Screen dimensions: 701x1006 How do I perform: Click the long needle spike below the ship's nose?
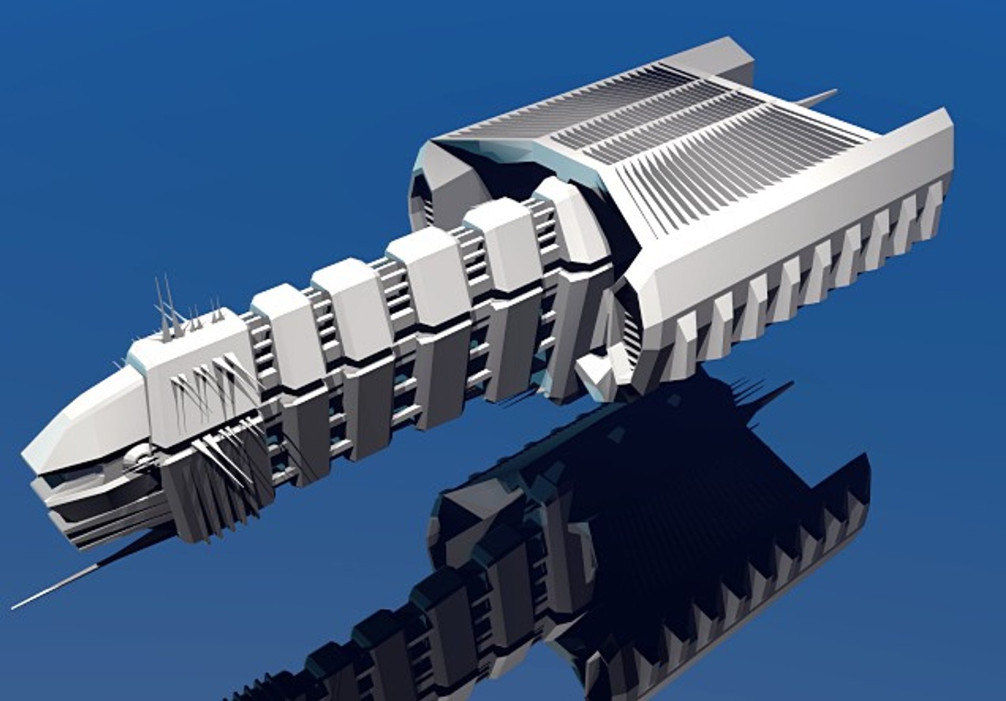click(x=58, y=587)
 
